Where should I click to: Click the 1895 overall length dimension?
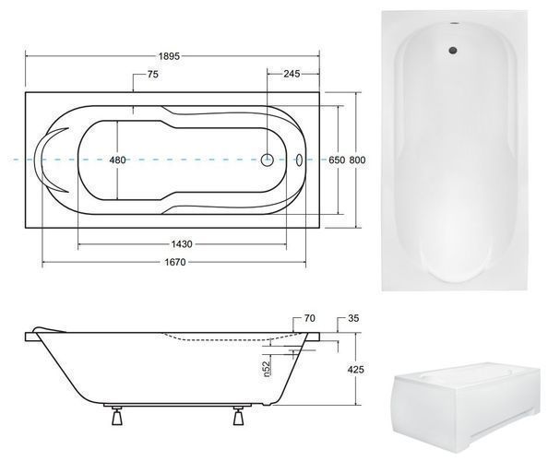pyautogui.click(x=169, y=56)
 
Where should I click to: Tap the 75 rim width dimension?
pyautogui.click(x=153, y=75)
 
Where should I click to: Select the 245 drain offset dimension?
pyautogui.click(x=292, y=74)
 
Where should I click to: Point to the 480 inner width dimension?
pyautogui.click(x=117, y=160)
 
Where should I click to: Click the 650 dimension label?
pyautogui.click(x=337, y=160)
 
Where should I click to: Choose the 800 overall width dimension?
pyautogui.click(x=358, y=160)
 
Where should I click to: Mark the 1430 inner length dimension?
pyautogui.click(x=182, y=244)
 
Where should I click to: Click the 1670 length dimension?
pyautogui.click(x=175, y=262)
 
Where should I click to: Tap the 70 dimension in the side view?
pyautogui.click(x=310, y=318)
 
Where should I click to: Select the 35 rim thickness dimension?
pyautogui.click(x=353, y=318)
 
